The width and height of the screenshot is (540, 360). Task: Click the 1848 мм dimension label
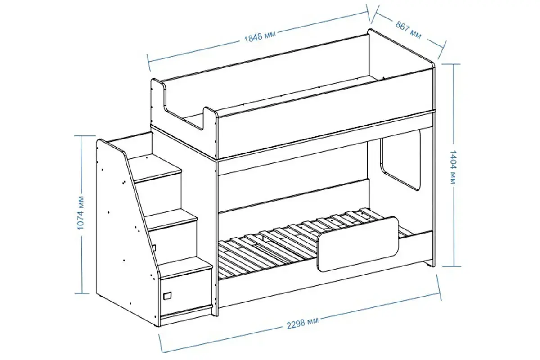260,37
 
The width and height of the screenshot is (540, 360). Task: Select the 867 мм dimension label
409,30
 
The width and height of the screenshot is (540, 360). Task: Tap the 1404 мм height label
453,167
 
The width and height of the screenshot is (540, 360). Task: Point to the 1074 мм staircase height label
81,213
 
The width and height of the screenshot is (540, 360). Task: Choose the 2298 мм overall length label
302,323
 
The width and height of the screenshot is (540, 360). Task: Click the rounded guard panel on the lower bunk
357,244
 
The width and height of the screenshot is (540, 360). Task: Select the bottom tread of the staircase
185,267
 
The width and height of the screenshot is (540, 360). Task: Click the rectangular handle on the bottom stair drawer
167,296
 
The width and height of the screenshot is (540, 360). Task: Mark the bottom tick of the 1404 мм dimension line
451,266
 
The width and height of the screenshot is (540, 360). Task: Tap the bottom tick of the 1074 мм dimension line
82,293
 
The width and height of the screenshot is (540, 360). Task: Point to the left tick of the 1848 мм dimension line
148,63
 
